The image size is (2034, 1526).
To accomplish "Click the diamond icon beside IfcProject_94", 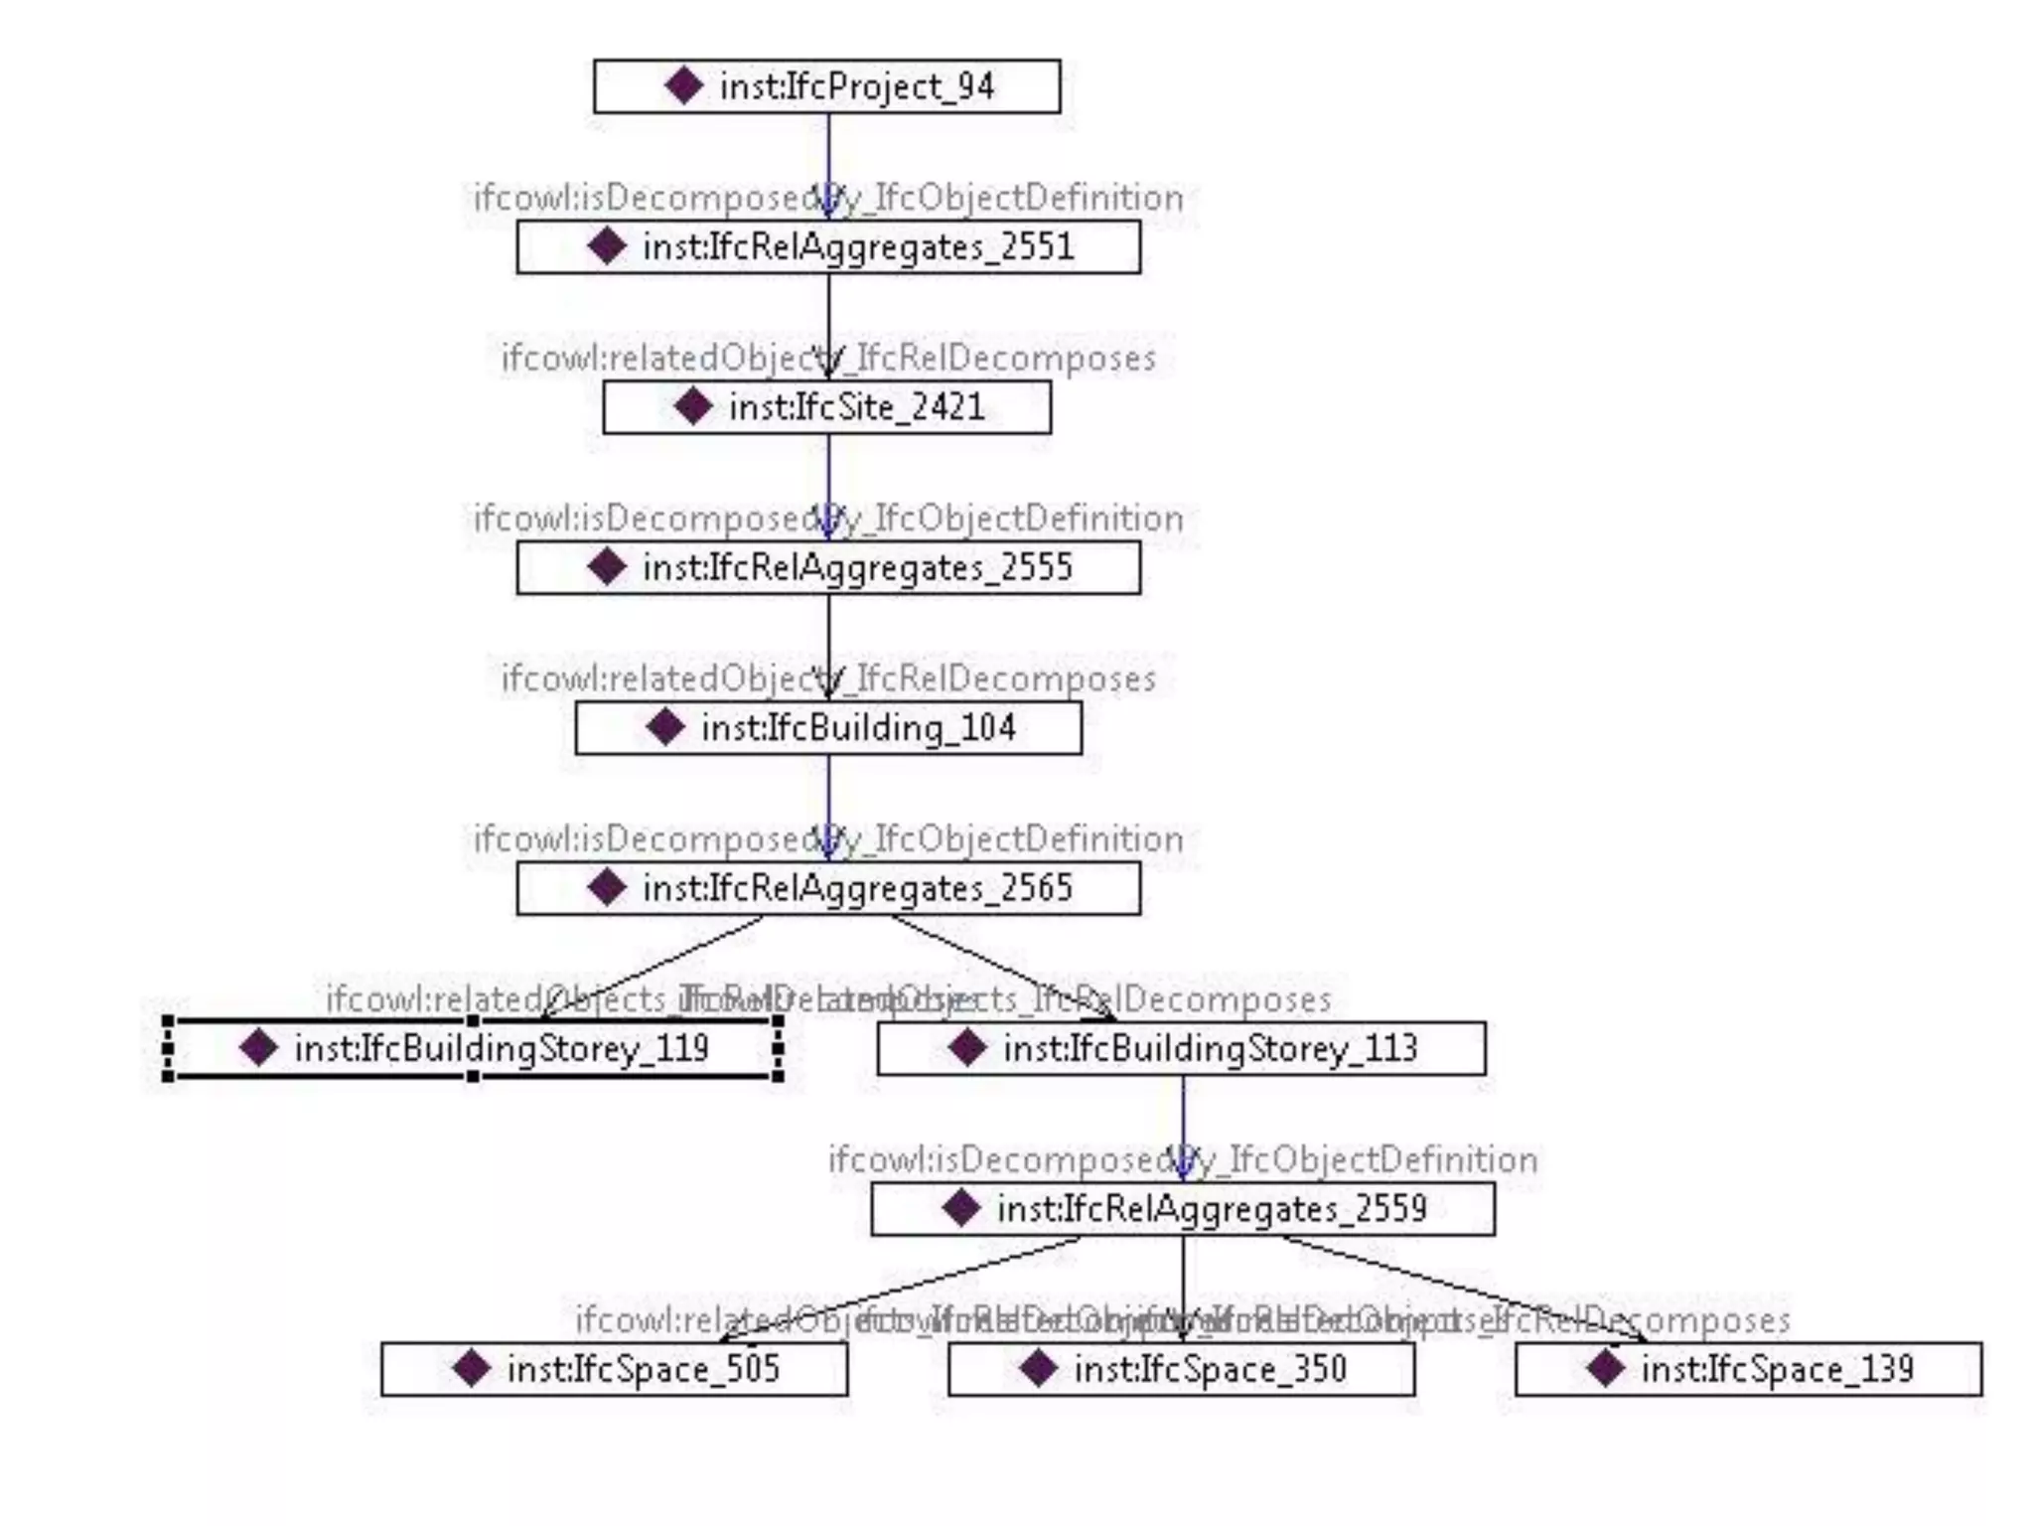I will (x=684, y=85).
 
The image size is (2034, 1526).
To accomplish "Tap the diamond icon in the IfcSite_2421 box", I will (x=692, y=406).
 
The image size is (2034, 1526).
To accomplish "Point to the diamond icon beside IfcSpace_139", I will (x=1605, y=1369).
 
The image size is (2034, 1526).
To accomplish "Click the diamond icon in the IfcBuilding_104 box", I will (x=664, y=727).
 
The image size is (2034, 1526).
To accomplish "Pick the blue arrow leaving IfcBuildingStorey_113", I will (x=1182, y=1123).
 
